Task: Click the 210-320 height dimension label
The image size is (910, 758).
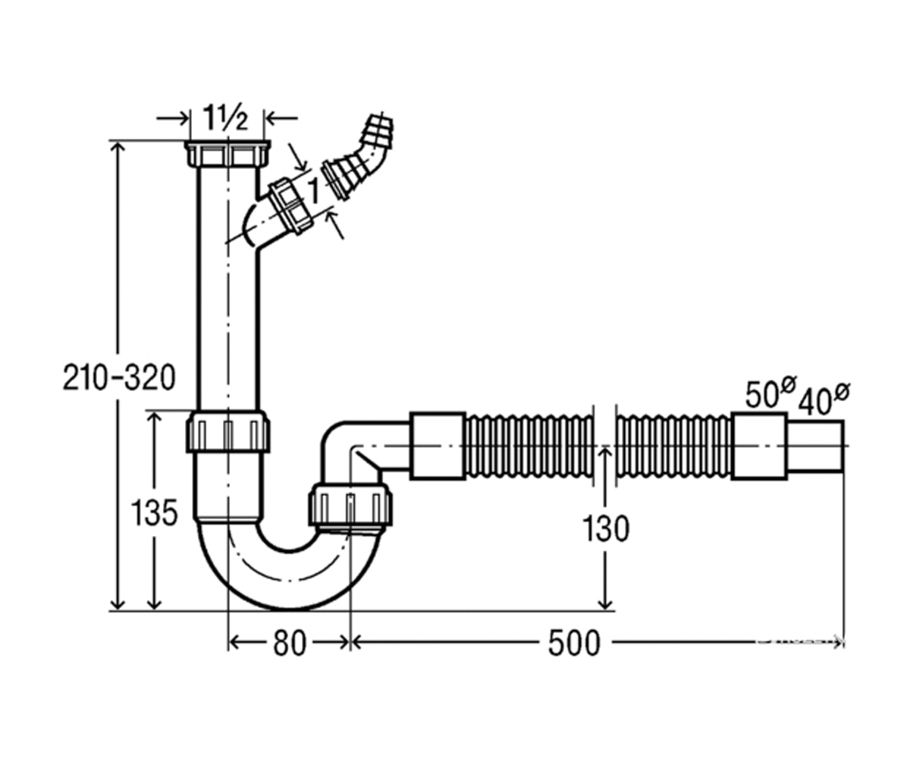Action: point(119,377)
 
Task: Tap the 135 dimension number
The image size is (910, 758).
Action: point(154,512)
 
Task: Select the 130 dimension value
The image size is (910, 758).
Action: point(606,528)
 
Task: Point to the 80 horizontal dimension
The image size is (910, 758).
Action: point(290,644)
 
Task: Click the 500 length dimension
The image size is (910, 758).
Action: point(574,643)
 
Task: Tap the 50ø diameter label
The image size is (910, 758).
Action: point(770,392)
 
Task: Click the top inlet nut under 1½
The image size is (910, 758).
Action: point(227,153)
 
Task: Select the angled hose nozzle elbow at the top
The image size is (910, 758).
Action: point(358,158)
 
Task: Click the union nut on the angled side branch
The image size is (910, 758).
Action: point(290,205)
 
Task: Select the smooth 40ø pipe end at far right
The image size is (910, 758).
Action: point(815,446)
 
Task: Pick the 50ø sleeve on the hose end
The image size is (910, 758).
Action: point(759,446)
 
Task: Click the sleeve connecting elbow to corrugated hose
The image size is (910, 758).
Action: point(438,446)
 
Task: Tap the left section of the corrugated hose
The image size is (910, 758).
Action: point(529,446)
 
